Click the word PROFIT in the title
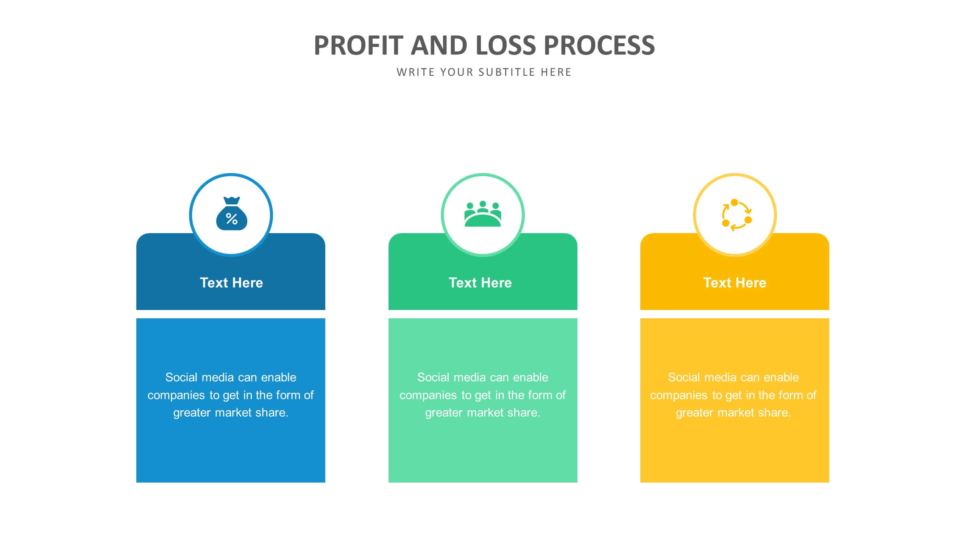(358, 45)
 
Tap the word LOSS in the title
(506, 45)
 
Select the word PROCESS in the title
(599, 45)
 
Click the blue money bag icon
(231, 214)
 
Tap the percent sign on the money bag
(231, 219)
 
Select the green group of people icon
(482, 214)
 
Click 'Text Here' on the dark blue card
(231, 283)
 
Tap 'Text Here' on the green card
(480, 283)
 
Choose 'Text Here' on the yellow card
(735, 283)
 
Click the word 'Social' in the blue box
(181, 377)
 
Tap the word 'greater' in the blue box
(192, 413)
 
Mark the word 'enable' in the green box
(531, 377)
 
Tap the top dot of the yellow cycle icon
(734, 202)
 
